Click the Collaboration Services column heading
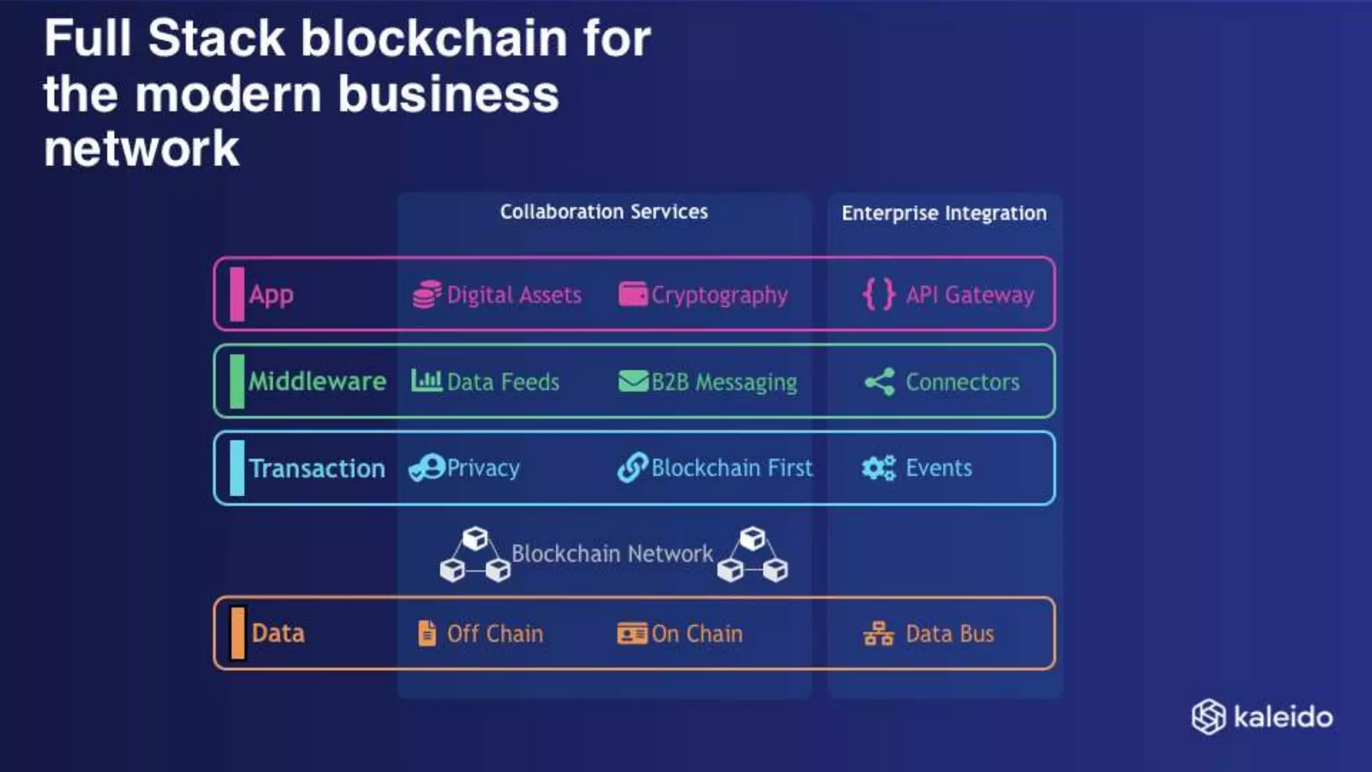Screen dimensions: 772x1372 click(604, 212)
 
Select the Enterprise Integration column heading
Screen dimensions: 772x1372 click(944, 213)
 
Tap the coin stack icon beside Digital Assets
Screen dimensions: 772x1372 click(427, 295)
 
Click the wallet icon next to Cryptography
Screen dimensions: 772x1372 click(632, 294)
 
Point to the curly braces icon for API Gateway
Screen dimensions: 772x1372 click(879, 294)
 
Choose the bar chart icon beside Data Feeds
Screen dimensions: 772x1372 click(426, 381)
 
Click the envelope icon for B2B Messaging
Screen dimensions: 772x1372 click(632, 381)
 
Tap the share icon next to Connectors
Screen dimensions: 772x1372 click(879, 382)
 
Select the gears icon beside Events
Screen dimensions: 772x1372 click(879, 468)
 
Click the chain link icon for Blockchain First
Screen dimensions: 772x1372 click(632, 467)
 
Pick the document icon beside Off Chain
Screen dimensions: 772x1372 click(427, 633)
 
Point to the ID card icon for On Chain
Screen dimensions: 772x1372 click(632, 633)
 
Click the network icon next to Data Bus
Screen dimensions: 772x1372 click(878, 633)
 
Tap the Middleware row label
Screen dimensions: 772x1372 click(317, 381)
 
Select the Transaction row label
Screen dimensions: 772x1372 click(317, 468)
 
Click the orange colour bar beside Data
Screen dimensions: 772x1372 click(237, 633)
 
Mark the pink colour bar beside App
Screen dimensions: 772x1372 click(237, 294)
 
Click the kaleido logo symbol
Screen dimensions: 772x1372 click(1209, 717)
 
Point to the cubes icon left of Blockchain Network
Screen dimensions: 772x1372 click(474, 555)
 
